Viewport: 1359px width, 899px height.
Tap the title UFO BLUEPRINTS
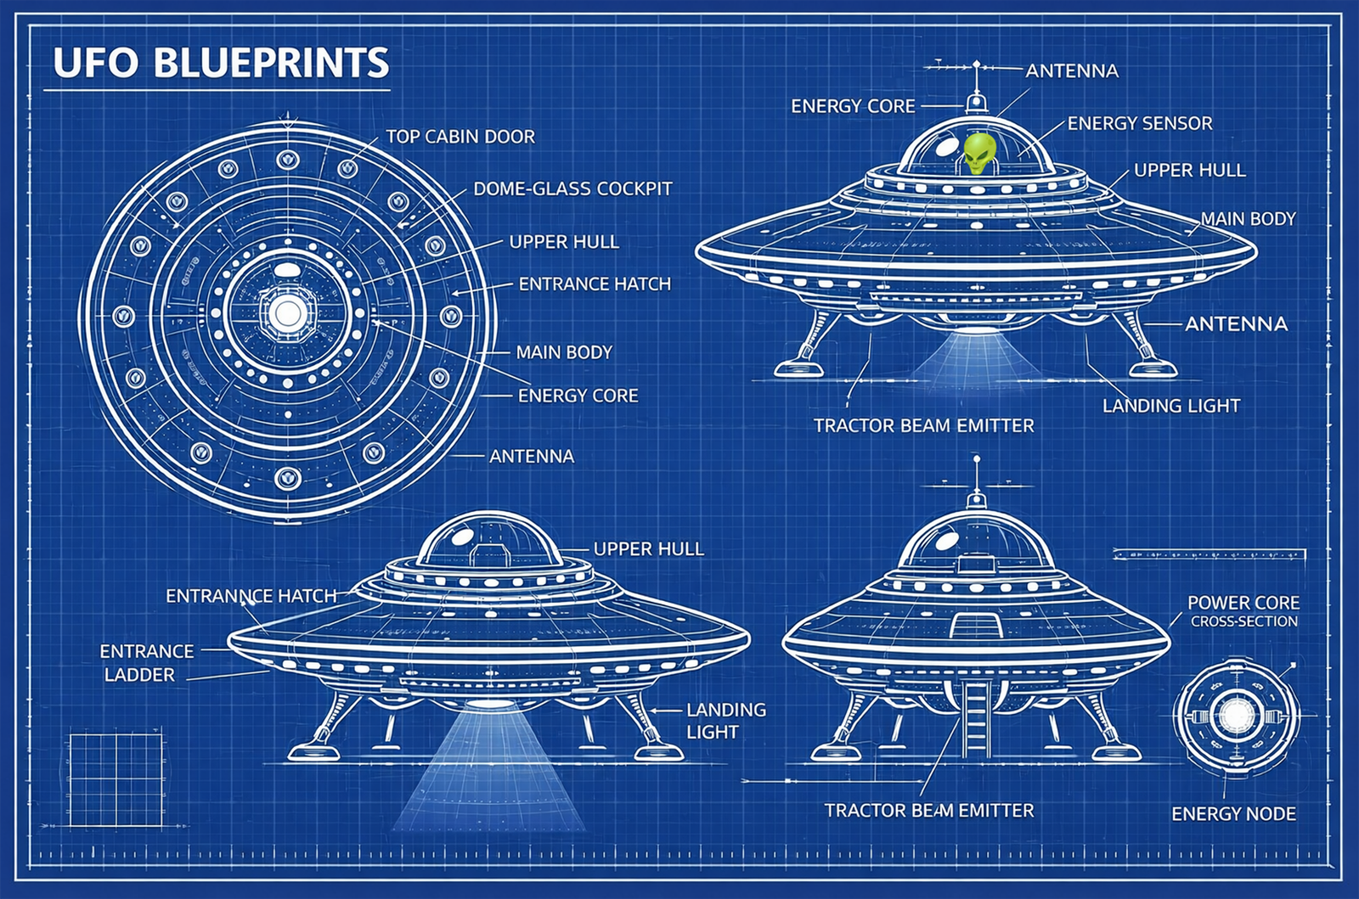pyautogui.click(x=221, y=63)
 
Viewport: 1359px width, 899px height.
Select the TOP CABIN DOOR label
pyautogui.click(x=460, y=137)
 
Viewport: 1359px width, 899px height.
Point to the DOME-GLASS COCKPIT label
pyautogui.click(x=572, y=188)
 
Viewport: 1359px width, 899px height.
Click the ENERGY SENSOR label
pyautogui.click(x=1140, y=123)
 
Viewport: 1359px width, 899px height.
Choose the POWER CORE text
pyautogui.click(x=1243, y=603)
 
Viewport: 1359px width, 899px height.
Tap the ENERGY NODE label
pyautogui.click(x=1233, y=814)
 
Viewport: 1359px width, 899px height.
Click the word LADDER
pyautogui.click(x=139, y=675)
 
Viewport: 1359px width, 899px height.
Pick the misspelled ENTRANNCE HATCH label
pyautogui.click(x=251, y=596)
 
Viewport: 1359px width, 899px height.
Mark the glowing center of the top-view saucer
pyautogui.click(x=287, y=314)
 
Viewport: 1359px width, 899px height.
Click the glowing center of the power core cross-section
pyautogui.click(x=1236, y=715)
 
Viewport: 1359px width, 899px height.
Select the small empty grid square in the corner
pyautogui.click(x=115, y=780)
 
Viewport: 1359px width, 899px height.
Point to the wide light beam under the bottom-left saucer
pyautogui.click(x=489, y=773)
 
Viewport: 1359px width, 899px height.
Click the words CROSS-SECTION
pyautogui.click(x=1243, y=621)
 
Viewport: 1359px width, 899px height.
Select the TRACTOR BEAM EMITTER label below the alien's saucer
pyautogui.click(x=923, y=425)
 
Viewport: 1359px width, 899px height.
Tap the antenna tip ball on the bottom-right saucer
pyautogui.click(x=976, y=459)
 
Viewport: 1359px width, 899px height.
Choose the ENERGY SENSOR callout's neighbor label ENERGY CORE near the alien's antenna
pyautogui.click(x=853, y=106)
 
